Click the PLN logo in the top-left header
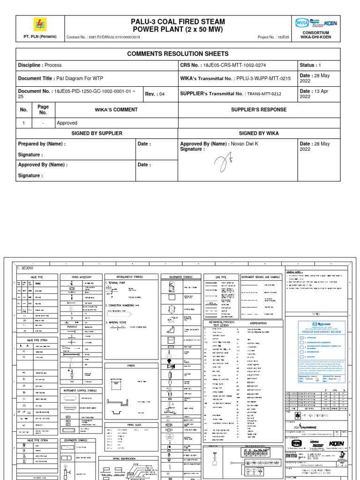point(40,25)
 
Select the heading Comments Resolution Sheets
point(178,54)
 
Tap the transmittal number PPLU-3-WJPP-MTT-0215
point(263,79)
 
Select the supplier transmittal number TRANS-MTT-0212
point(264,94)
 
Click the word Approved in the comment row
point(67,123)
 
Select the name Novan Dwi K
point(244,144)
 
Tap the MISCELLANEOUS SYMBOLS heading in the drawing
point(130,277)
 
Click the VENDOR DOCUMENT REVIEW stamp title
point(322,331)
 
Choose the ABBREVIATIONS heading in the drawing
point(258,323)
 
